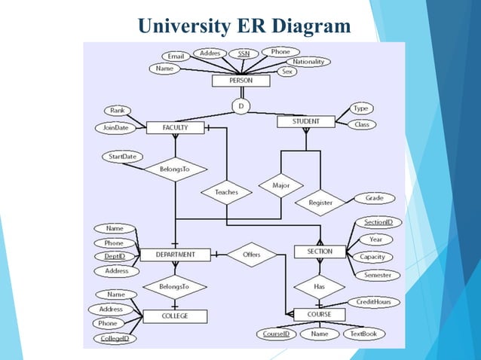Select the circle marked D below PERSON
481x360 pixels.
point(240,107)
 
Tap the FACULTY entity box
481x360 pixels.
point(175,128)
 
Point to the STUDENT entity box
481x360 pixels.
point(305,121)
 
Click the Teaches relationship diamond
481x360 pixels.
point(226,192)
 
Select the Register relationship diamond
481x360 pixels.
point(320,202)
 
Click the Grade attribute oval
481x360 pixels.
point(375,198)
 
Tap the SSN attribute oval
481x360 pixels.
point(244,54)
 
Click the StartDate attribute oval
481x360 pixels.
point(123,157)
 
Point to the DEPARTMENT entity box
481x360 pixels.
point(176,255)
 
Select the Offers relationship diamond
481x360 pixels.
point(251,255)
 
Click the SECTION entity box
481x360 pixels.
point(320,252)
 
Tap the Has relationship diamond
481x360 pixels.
point(320,286)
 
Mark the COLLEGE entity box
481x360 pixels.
point(175,316)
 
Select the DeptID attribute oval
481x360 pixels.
point(115,257)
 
